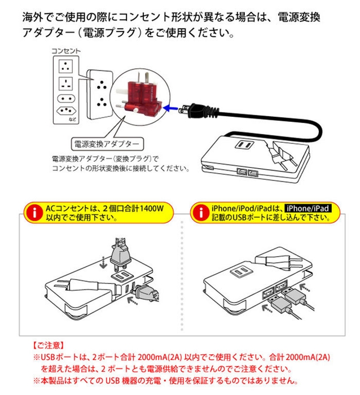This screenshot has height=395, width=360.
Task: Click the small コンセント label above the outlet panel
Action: (66, 51)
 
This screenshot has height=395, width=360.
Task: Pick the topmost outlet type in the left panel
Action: (67, 65)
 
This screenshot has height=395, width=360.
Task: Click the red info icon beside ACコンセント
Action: (34, 212)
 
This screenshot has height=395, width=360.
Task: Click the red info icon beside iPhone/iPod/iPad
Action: (197, 212)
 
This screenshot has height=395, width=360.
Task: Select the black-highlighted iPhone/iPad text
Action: (308, 208)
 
